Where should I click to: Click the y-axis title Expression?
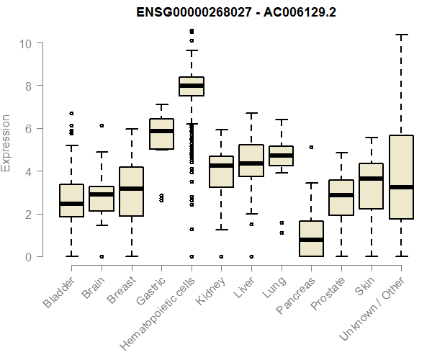coord(6,143)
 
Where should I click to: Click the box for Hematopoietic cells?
coord(192,86)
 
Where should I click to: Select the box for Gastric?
coord(161,134)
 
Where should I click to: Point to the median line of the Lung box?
coord(281,156)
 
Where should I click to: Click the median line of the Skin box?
coord(371,179)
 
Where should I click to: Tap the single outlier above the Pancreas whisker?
coord(311,147)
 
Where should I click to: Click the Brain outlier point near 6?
coord(102,125)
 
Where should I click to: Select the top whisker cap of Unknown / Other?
coord(401,35)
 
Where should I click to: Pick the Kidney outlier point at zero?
coord(221,256)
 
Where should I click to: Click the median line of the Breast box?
coord(132,189)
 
